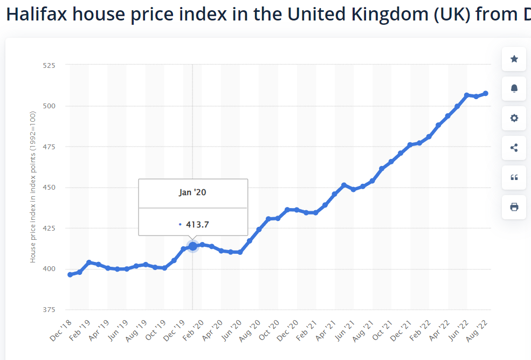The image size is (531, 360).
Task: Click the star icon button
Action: tap(514, 59)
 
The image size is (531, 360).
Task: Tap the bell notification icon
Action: tap(514, 88)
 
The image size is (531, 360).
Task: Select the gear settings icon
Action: tap(514, 118)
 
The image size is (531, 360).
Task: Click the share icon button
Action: tap(514, 148)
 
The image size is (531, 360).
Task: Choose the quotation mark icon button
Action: tap(514, 177)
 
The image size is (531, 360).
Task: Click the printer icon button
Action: tap(514, 207)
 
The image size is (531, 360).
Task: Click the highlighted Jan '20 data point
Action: tap(192, 246)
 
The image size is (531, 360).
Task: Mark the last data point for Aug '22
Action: tap(486, 93)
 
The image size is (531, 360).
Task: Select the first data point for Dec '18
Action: tap(70, 275)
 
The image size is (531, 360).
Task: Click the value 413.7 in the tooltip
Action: tap(197, 224)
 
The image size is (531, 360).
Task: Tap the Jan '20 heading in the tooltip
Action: tap(192, 192)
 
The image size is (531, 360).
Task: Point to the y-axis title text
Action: tap(33, 187)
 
